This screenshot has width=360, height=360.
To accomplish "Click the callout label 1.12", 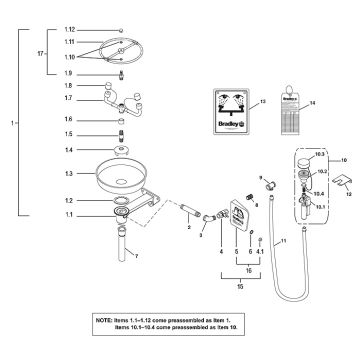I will coord(69,32).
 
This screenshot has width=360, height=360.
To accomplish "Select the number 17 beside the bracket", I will coord(41,53).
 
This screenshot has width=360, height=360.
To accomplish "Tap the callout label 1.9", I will coord(69,75).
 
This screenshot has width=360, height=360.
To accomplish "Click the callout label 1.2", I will coord(69,200).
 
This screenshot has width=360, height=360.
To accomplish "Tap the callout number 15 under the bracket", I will coord(240,286).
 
